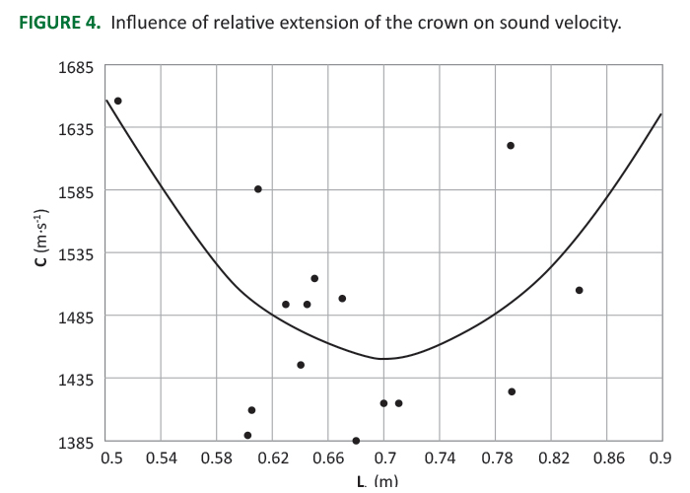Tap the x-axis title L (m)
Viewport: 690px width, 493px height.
click(x=378, y=481)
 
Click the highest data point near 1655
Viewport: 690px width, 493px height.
click(x=118, y=101)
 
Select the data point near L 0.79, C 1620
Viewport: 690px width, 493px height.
click(x=511, y=146)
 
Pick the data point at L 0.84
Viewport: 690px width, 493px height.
click(x=580, y=290)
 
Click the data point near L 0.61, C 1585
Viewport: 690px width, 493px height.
click(x=258, y=189)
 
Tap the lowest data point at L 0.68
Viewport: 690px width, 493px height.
click(x=356, y=441)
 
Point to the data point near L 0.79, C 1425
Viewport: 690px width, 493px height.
click(x=512, y=391)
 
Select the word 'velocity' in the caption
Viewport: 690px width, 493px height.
click(x=586, y=23)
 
